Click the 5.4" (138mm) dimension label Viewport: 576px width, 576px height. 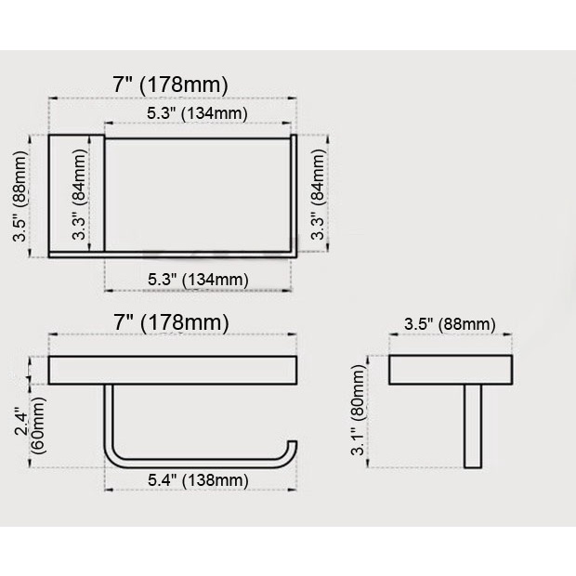coord(198,480)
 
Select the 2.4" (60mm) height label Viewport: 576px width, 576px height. coord(30,425)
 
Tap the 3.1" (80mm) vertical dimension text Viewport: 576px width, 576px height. coord(358,410)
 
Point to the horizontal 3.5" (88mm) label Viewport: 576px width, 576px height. coord(450,324)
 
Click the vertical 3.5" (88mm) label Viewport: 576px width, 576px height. coord(20,196)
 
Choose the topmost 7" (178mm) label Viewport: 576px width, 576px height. coord(170,85)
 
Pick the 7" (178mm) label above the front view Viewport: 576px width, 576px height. coord(171,322)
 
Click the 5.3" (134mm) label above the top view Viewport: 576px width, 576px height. coord(197,112)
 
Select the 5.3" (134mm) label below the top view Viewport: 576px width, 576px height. coord(198,280)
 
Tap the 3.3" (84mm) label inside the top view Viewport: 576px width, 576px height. coord(79,194)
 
